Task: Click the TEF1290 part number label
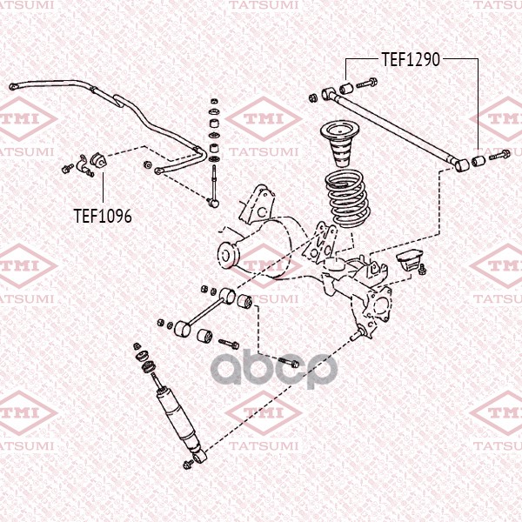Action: (x=412, y=59)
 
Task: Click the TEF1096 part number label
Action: (x=103, y=215)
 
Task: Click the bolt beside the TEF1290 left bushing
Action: (x=366, y=84)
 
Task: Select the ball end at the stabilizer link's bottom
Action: (x=215, y=203)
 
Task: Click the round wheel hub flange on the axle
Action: (x=381, y=307)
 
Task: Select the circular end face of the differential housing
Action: (x=229, y=255)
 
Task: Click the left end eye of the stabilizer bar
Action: (x=15, y=86)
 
